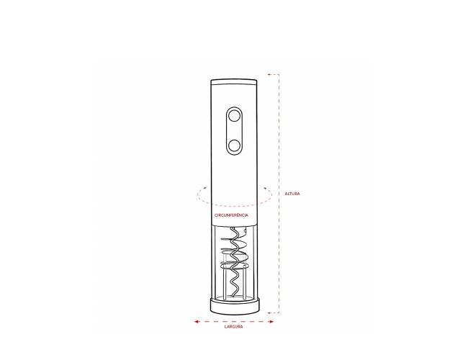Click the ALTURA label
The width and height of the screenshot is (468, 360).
[292, 194]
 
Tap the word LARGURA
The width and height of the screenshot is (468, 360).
[234, 327]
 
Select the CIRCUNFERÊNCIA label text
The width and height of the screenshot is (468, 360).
[231, 215]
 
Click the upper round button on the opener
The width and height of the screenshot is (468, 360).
[234, 116]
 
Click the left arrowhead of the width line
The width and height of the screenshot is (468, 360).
[197, 322]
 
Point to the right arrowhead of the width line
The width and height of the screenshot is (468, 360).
[271, 322]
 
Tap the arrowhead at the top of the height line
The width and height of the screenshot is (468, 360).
[269, 74]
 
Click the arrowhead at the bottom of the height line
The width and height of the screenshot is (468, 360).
[269, 312]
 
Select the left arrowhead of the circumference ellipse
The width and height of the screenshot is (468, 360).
[204, 188]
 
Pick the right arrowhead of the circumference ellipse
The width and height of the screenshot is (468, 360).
[265, 188]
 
